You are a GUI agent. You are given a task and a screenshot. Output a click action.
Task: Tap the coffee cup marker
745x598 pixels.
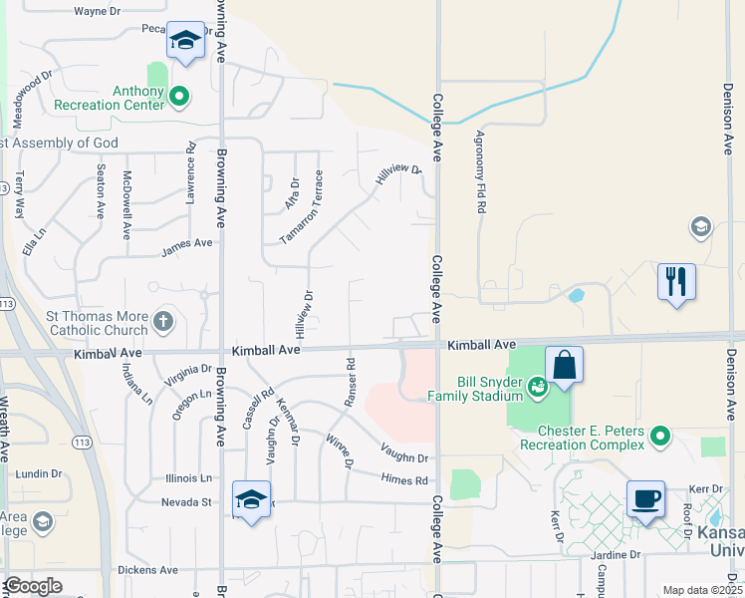coord(645,497)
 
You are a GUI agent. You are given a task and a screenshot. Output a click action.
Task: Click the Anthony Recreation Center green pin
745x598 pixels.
coord(179,96)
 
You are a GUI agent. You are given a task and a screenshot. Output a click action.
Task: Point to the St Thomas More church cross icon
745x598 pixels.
coord(164,323)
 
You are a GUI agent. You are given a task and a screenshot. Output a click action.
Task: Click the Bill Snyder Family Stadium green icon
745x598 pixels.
coord(538,385)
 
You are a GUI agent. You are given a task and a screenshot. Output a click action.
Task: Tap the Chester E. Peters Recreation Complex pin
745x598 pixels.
coord(658,436)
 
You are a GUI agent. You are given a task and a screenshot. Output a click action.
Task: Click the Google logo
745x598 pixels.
coord(33,586)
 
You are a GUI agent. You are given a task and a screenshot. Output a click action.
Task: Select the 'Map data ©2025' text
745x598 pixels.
coord(701,590)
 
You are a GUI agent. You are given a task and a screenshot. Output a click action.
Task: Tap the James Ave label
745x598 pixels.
coord(187,243)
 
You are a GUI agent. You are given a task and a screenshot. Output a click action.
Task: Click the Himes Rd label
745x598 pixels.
coord(403,480)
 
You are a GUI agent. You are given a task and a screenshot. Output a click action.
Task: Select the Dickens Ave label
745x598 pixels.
coord(146,570)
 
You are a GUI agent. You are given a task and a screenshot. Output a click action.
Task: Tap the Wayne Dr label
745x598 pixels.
coord(98,12)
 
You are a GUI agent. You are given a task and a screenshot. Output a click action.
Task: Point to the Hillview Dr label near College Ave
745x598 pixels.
coord(397,176)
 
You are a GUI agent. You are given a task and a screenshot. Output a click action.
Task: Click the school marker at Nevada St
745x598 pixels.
coord(252,499)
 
